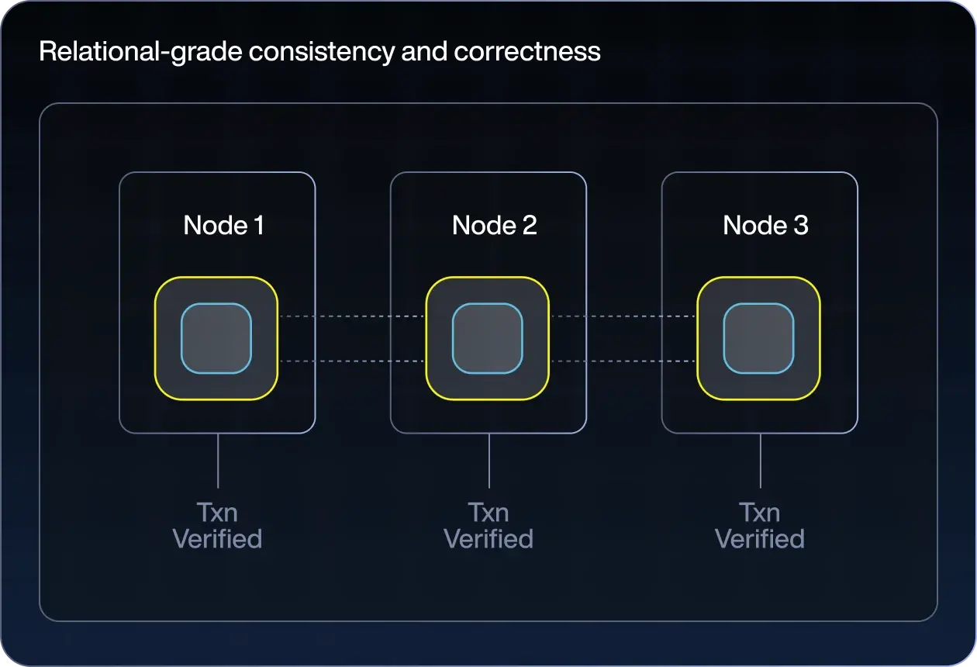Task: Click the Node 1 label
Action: click(223, 225)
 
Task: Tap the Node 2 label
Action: click(495, 225)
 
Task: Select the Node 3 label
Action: click(765, 225)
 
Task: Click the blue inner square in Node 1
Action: click(216, 338)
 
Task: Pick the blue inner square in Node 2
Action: click(488, 338)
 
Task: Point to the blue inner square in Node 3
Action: click(759, 338)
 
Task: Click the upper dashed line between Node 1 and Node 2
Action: click(351, 316)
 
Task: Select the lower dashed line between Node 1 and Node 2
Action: click(351, 361)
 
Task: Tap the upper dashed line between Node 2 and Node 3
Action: click(623, 316)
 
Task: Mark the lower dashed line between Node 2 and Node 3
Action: click(623, 361)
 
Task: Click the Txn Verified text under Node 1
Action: click(217, 526)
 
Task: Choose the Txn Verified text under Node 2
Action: click(488, 526)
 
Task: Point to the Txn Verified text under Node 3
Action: click(760, 526)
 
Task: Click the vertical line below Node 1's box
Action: click(218, 461)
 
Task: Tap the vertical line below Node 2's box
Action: click(489, 461)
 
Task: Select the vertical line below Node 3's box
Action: click(761, 461)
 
